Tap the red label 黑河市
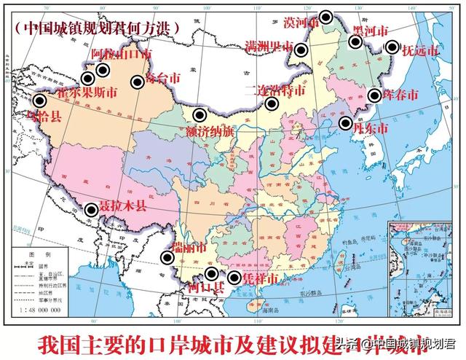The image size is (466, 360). (371, 31)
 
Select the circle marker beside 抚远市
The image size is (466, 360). (392, 48)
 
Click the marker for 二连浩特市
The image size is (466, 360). (272, 103)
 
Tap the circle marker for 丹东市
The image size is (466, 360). (345, 123)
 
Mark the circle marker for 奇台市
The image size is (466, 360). (137, 82)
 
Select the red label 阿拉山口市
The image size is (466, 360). (122, 55)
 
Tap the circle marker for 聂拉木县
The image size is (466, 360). (92, 211)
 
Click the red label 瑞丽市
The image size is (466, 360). (189, 248)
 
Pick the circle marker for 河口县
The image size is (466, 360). (211, 274)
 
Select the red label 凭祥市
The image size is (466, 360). (261, 280)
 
